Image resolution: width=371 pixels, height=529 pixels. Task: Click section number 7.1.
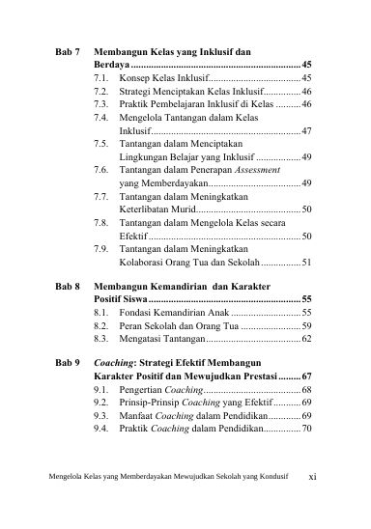point(101,75)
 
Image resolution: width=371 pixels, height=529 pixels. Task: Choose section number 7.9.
point(101,247)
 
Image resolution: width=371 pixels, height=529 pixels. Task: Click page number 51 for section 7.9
point(305,261)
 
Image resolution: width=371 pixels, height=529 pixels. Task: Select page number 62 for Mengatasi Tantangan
point(305,341)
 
